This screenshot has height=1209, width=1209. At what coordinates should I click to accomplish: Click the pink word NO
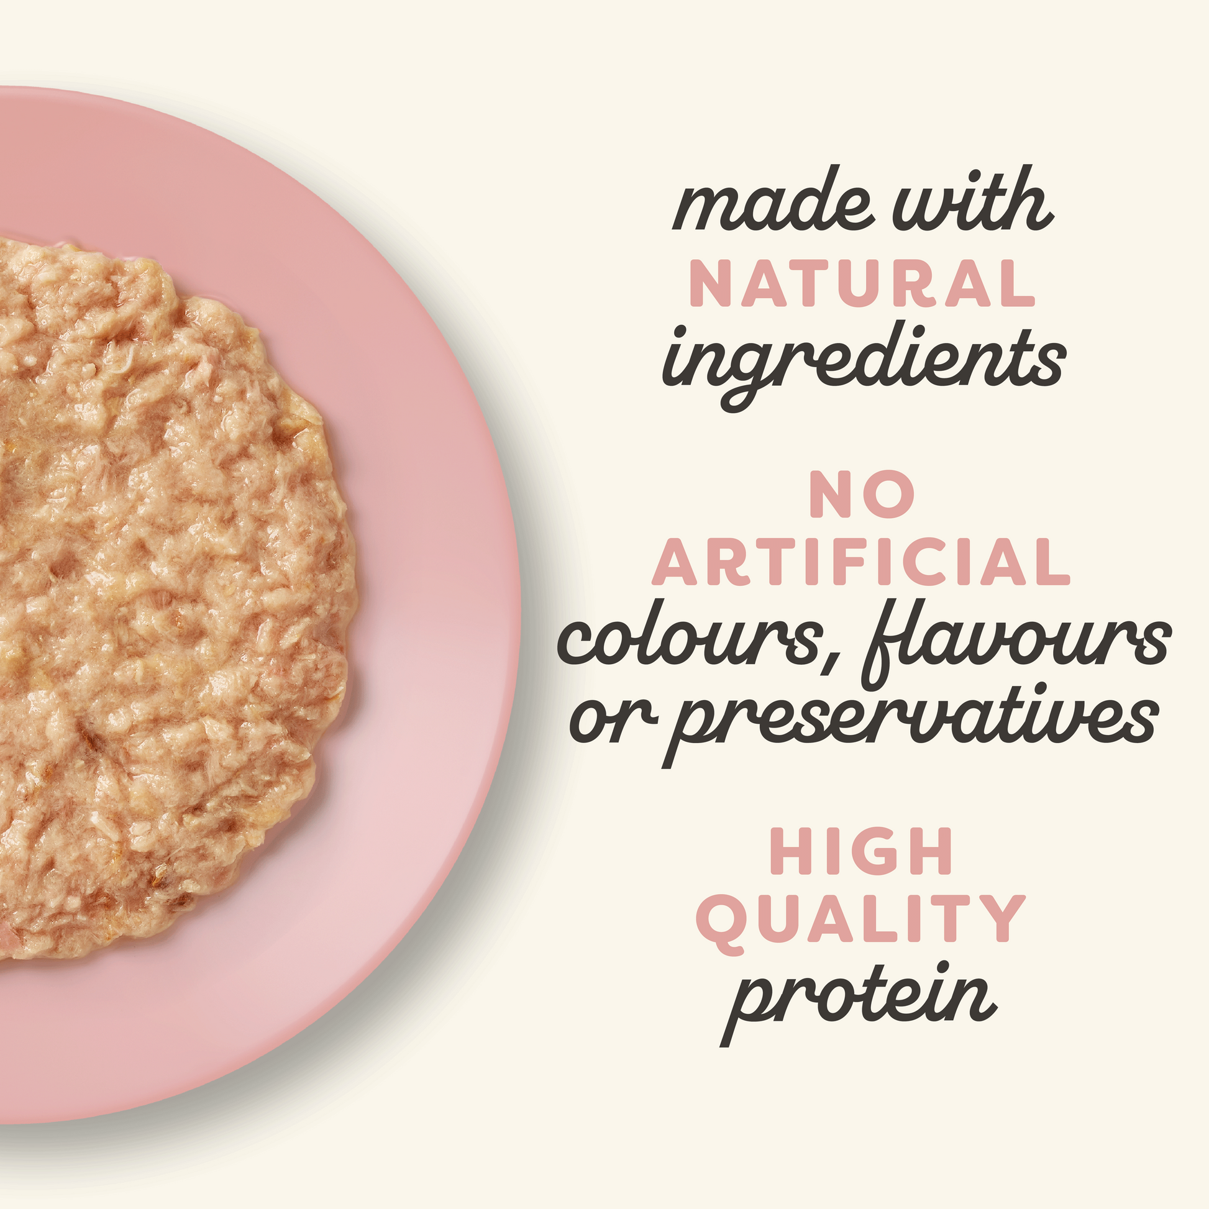[x=863, y=495]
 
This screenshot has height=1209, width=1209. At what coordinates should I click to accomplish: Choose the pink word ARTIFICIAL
[x=862, y=562]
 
